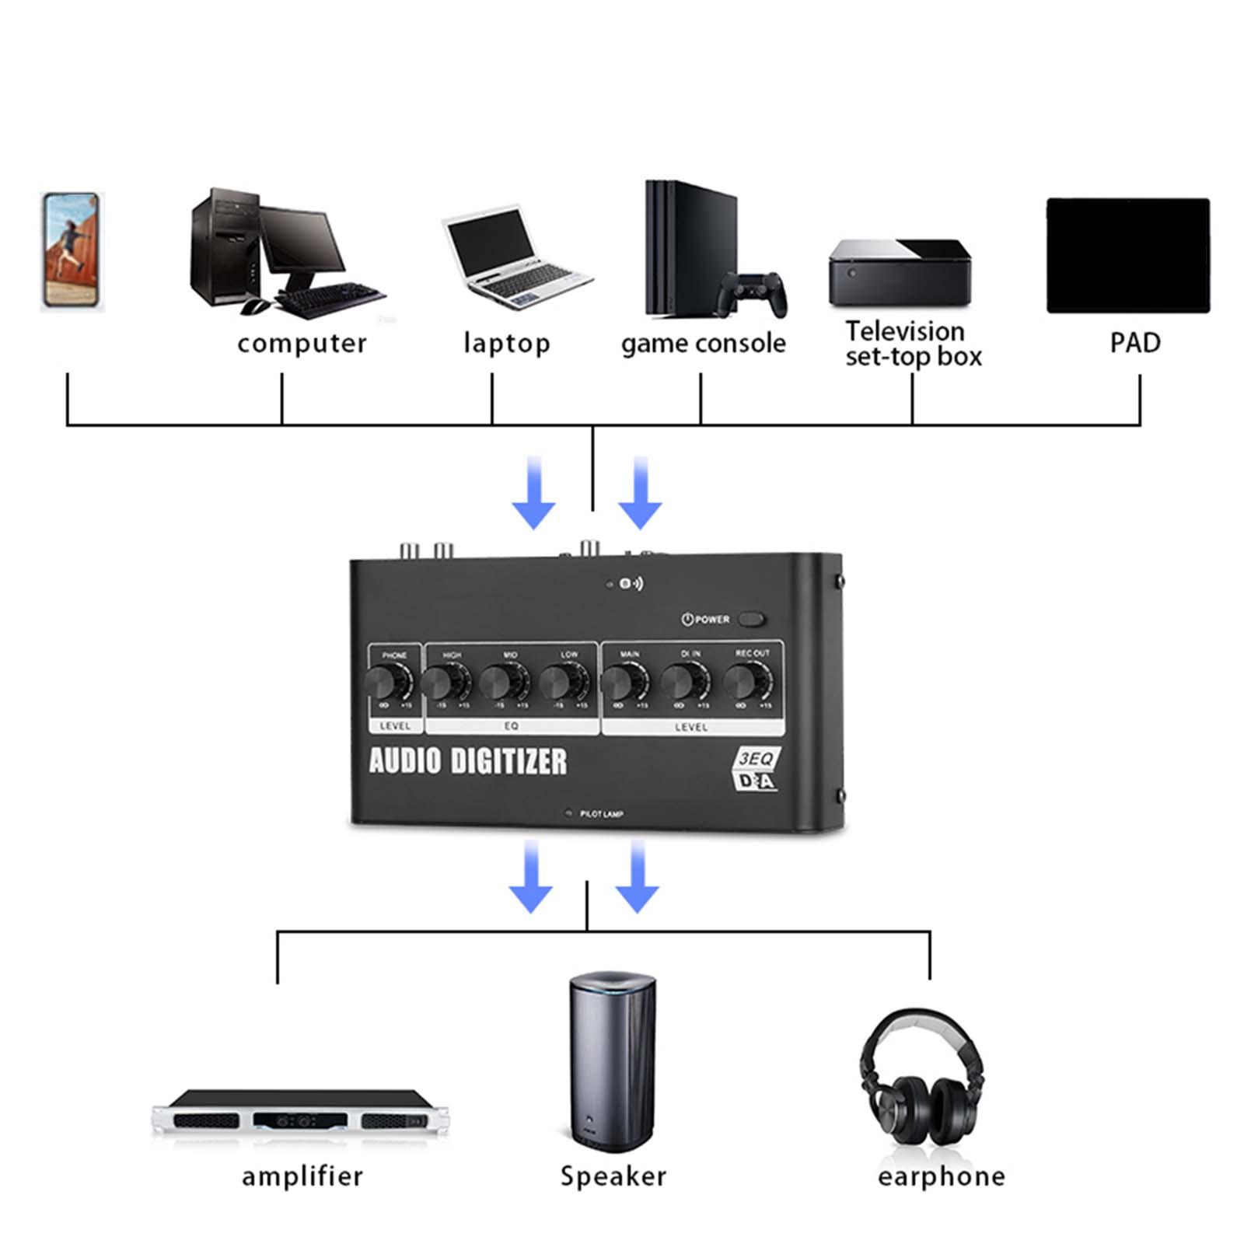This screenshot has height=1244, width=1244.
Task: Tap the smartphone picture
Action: [x=72, y=252]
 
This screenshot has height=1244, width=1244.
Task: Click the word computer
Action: [x=302, y=343]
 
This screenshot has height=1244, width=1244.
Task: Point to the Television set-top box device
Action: [x=900, y=272]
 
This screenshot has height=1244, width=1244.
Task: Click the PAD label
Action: [x=1134, y=343]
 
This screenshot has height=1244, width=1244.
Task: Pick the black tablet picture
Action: [x=1127, y=255]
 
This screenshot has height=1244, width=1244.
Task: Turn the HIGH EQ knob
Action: [x=446, y=683]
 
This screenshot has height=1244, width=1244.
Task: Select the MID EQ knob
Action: [x=502, y=683]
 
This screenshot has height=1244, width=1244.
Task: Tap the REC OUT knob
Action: [x=747, y=683]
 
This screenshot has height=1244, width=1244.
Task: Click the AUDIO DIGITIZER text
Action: [x=468, y=761]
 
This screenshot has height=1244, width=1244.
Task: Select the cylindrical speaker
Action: [x=612, y=1061]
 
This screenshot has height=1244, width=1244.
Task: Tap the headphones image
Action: [x=922, y=1077]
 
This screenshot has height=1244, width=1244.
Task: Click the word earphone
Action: [x=941, y=1176]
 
